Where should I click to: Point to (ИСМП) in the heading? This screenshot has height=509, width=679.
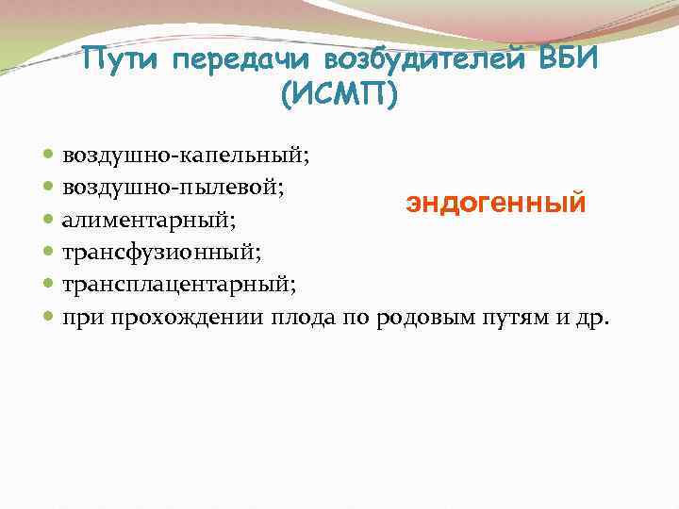[x=339, y=95]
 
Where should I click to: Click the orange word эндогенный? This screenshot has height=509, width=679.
[x=496, y=203]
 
